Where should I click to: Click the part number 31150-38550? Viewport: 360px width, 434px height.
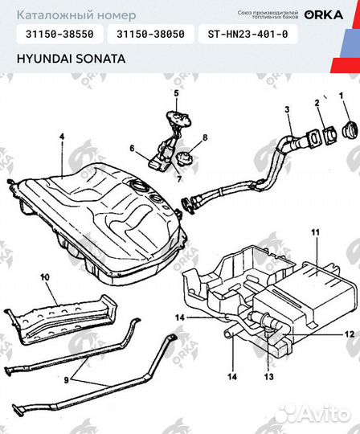pyautogui.click(x=59, y=35)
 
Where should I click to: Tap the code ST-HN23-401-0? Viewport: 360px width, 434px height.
pyautogui.click(x=252, y=35)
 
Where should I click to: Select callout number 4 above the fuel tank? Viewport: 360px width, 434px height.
pyautogui.click(x=60, y=137)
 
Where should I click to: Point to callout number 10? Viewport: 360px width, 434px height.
pyautogui.click(x=45, y=276)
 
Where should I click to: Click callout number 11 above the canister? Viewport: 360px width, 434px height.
pyautogui.click(x=315, y=233)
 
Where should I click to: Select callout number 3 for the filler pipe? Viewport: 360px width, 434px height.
pyautogui.click(x=286, y=108)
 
